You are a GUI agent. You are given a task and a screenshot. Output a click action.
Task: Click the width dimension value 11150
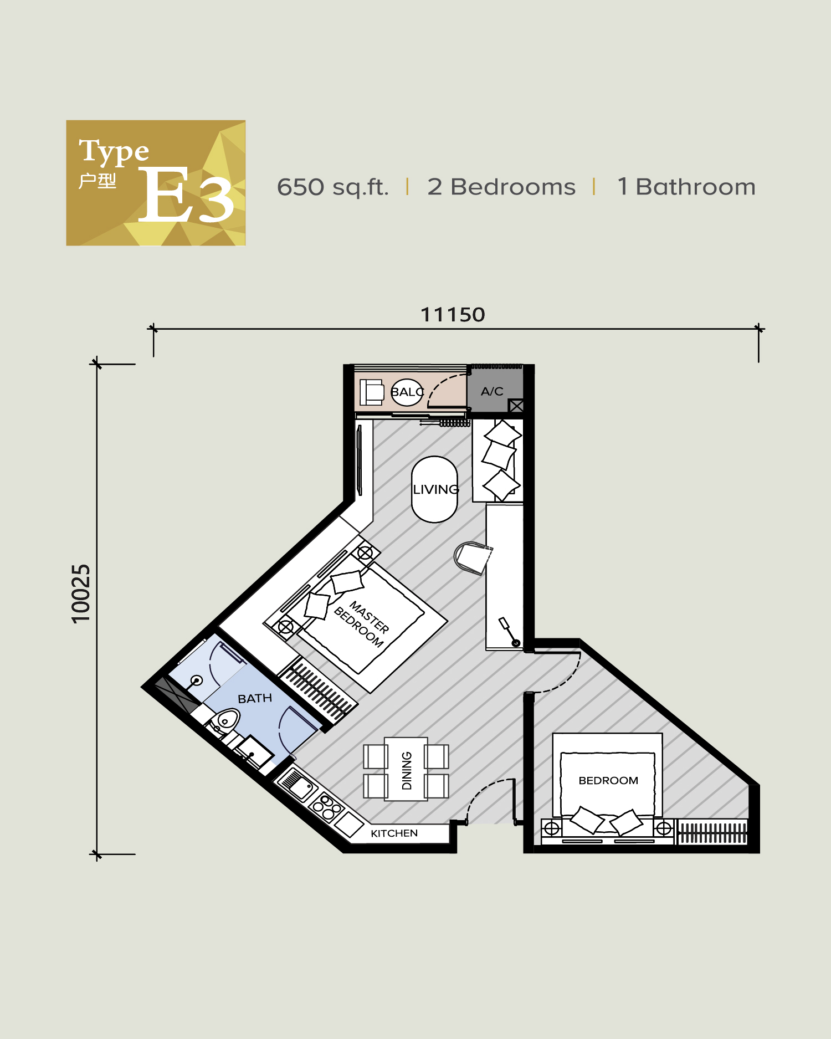click(x=453, y=315)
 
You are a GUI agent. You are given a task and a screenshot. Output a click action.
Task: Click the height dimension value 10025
click(x=81, y=594)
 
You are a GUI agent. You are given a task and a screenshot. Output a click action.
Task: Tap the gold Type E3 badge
click(x=156, y=183)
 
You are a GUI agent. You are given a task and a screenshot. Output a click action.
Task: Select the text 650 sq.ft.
click(x=332, y=187)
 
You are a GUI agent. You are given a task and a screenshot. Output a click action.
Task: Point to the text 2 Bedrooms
click(x=501, y=187)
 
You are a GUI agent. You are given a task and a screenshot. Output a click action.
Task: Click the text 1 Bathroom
click(x=686, y=187)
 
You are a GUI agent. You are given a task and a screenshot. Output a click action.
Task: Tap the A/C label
click(x=492, y=391)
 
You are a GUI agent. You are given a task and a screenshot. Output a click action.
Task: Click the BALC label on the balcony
click(x=407, y=392)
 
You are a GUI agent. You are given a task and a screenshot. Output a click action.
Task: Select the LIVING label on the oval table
click(x=435, y=489)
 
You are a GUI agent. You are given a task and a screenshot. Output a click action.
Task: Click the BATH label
click(x=255, y=698)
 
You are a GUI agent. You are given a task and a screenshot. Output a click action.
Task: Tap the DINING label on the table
click(x=407, y=770)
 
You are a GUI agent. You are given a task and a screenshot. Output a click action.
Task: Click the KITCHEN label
click(x=394, y=833)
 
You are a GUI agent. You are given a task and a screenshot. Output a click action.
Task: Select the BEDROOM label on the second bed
click(x=608, y=780)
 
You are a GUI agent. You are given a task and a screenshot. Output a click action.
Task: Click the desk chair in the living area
click(x=471, y=557)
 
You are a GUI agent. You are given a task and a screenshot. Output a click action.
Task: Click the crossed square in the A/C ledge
click(x=516, y=406)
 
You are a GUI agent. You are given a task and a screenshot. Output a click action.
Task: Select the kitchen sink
click(x=296, y=785)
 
